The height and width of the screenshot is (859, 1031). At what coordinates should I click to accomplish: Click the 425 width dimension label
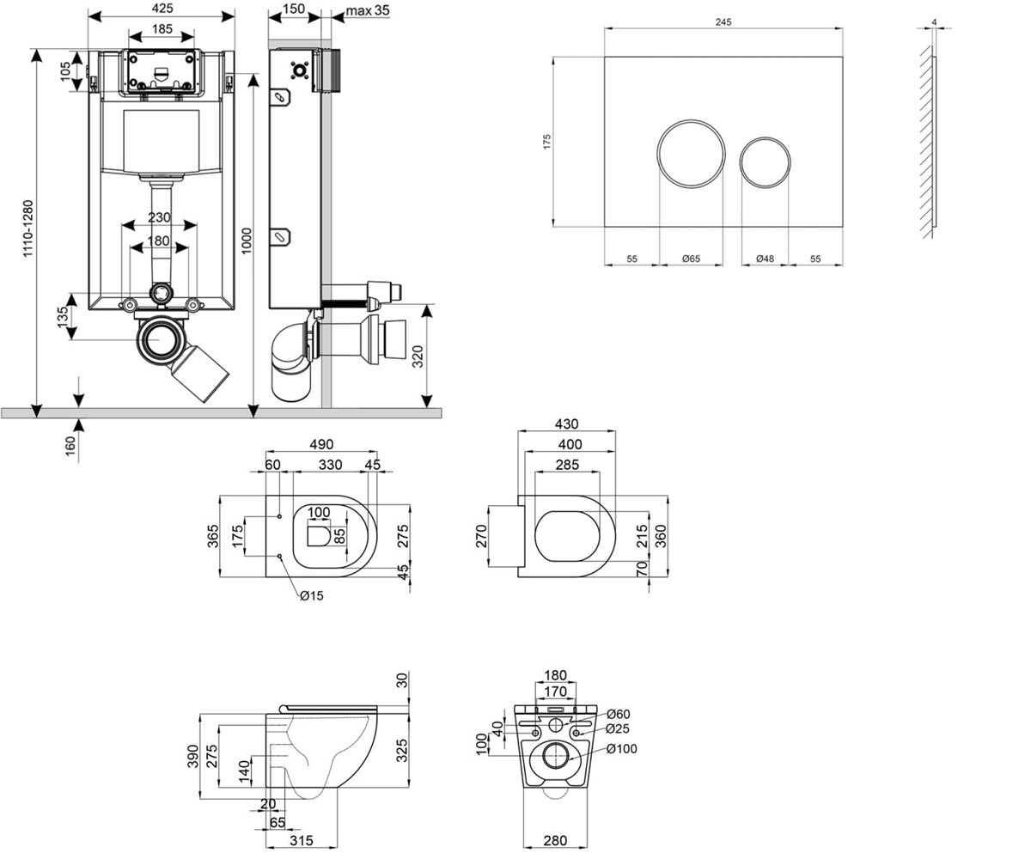162,9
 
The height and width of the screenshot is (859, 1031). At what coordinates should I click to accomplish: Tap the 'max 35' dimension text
368,10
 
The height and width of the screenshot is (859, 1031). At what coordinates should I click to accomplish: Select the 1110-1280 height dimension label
27,228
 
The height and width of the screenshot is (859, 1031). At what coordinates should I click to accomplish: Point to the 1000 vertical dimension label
246,241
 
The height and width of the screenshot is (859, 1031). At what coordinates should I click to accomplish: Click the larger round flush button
691,154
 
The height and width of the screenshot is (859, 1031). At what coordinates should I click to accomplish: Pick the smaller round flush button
765,162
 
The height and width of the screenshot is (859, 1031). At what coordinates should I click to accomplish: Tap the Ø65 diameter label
692,259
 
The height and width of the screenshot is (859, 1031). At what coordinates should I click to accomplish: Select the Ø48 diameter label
765,259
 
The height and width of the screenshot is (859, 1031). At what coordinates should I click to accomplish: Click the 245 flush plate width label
723,21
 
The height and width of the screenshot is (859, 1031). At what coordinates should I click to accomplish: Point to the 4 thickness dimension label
934,21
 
